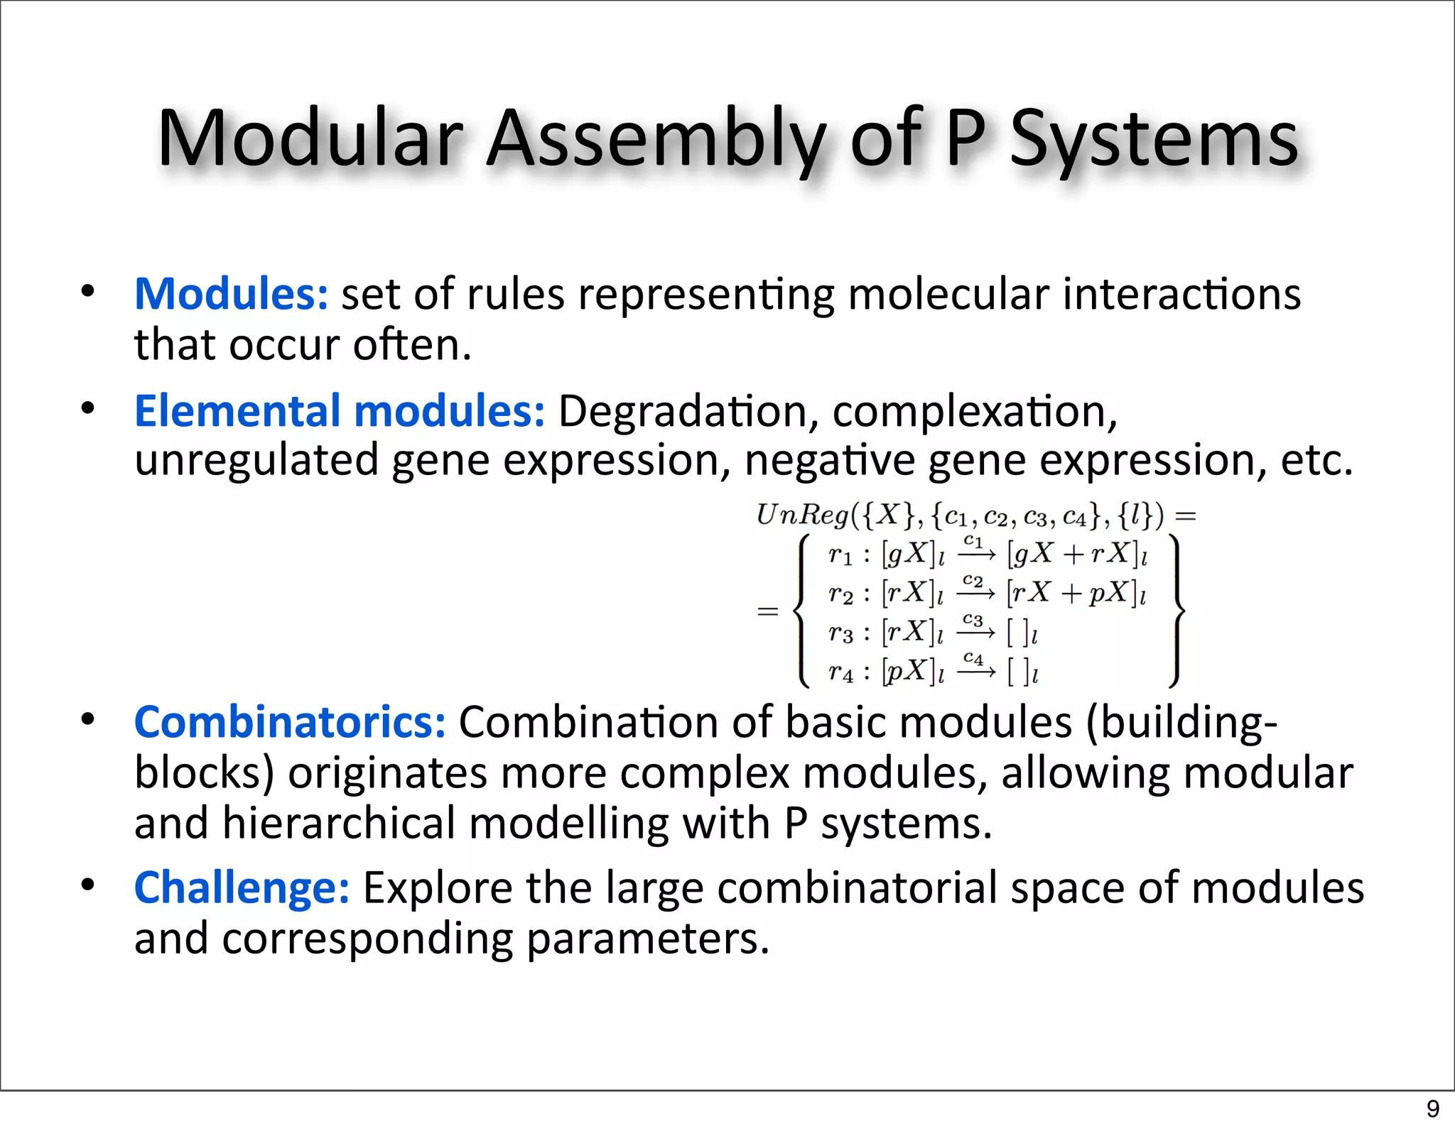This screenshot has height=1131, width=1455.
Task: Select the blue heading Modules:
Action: coord(232,294)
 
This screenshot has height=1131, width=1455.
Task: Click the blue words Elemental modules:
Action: coord(340,411)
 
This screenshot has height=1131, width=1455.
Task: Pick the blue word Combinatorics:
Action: coord(290,723)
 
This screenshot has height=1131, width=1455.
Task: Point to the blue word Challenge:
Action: coord(242,888)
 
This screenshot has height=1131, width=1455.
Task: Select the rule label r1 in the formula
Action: coord(839,554)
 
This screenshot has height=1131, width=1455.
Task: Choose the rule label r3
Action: coord(839,633)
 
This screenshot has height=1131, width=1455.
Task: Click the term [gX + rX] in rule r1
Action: coord(1077,554)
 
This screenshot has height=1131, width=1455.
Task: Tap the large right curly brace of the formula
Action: coord(1176,611)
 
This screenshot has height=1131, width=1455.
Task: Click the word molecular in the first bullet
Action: coord(948,294)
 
